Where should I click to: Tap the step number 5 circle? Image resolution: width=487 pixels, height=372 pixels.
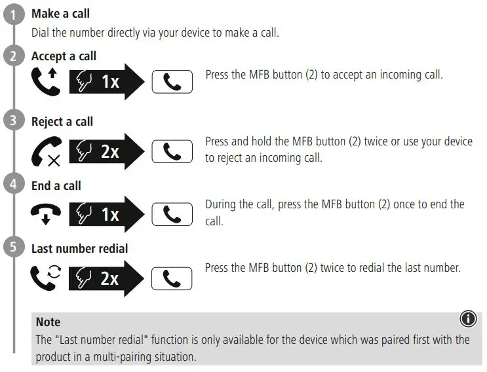[x=14, y=248]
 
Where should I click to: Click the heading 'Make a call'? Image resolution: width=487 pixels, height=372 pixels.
[x=61, y=14]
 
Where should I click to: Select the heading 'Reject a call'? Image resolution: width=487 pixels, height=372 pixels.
[x=62, y=121]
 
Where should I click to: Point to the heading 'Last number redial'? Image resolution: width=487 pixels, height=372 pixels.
[x=79, y=248]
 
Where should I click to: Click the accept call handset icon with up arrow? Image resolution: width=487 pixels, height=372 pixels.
[x=45, y=82]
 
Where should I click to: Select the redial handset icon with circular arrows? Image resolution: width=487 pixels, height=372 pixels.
[x=45, y=276]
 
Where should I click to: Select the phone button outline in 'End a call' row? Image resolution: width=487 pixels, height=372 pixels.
[x=172, y=214]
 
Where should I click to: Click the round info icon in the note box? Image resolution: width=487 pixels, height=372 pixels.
[x=468, y=320]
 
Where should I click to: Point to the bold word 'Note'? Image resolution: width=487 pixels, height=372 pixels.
[x=48, y=322]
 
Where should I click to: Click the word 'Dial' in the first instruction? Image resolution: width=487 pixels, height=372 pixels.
[x=41, y=33]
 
